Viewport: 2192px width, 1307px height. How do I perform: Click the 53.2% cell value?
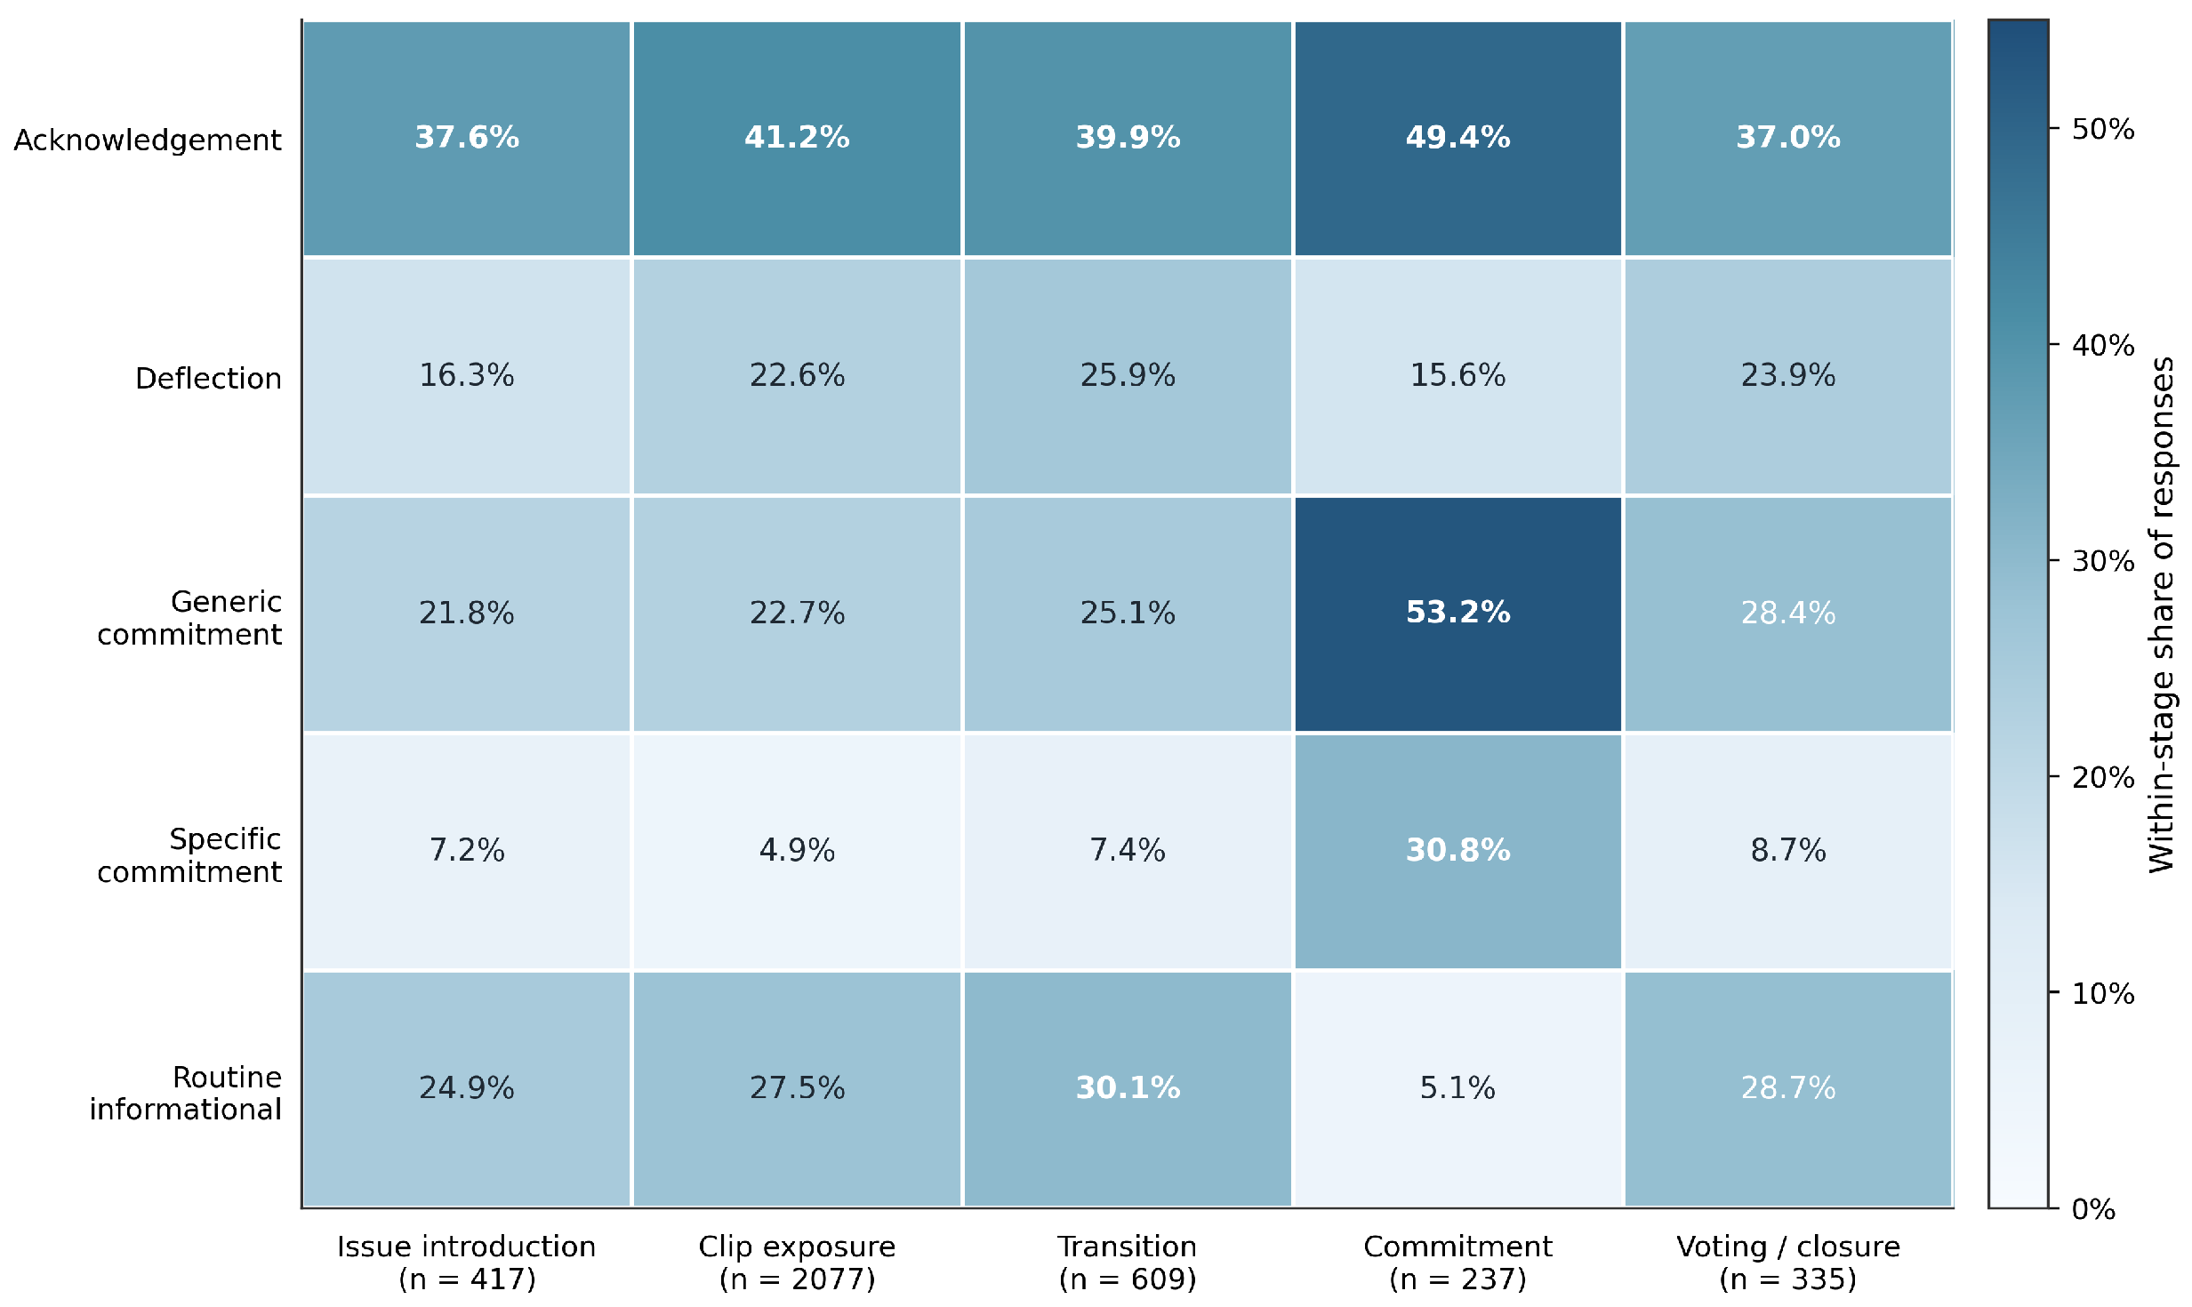1457,613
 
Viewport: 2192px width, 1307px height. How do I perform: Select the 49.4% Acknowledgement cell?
1457,138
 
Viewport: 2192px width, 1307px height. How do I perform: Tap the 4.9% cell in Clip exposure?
797,851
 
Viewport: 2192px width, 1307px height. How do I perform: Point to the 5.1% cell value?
1457,1088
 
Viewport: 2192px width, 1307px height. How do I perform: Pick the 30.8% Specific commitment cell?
1457,851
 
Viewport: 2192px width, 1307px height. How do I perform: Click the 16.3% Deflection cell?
467,375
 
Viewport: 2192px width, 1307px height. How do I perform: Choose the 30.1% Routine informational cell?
1128,1088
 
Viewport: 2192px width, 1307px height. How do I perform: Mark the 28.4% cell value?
1788,613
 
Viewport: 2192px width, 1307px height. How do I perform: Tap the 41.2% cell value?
797,138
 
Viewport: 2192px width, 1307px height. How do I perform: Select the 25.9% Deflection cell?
1128,375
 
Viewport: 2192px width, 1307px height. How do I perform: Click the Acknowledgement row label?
148,140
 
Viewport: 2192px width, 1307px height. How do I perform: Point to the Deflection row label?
208,379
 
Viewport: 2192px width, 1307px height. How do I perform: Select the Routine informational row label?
185,1094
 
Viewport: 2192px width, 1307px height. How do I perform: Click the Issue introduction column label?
467,1263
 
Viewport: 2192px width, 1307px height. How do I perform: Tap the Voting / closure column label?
1788,1263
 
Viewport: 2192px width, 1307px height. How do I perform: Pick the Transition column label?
1128,1263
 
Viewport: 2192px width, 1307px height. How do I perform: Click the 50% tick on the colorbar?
2054,128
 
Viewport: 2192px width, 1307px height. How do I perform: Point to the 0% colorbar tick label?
2093,1209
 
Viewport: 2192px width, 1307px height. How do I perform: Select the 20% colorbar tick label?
2103,777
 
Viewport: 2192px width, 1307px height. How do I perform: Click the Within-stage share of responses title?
2162,614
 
